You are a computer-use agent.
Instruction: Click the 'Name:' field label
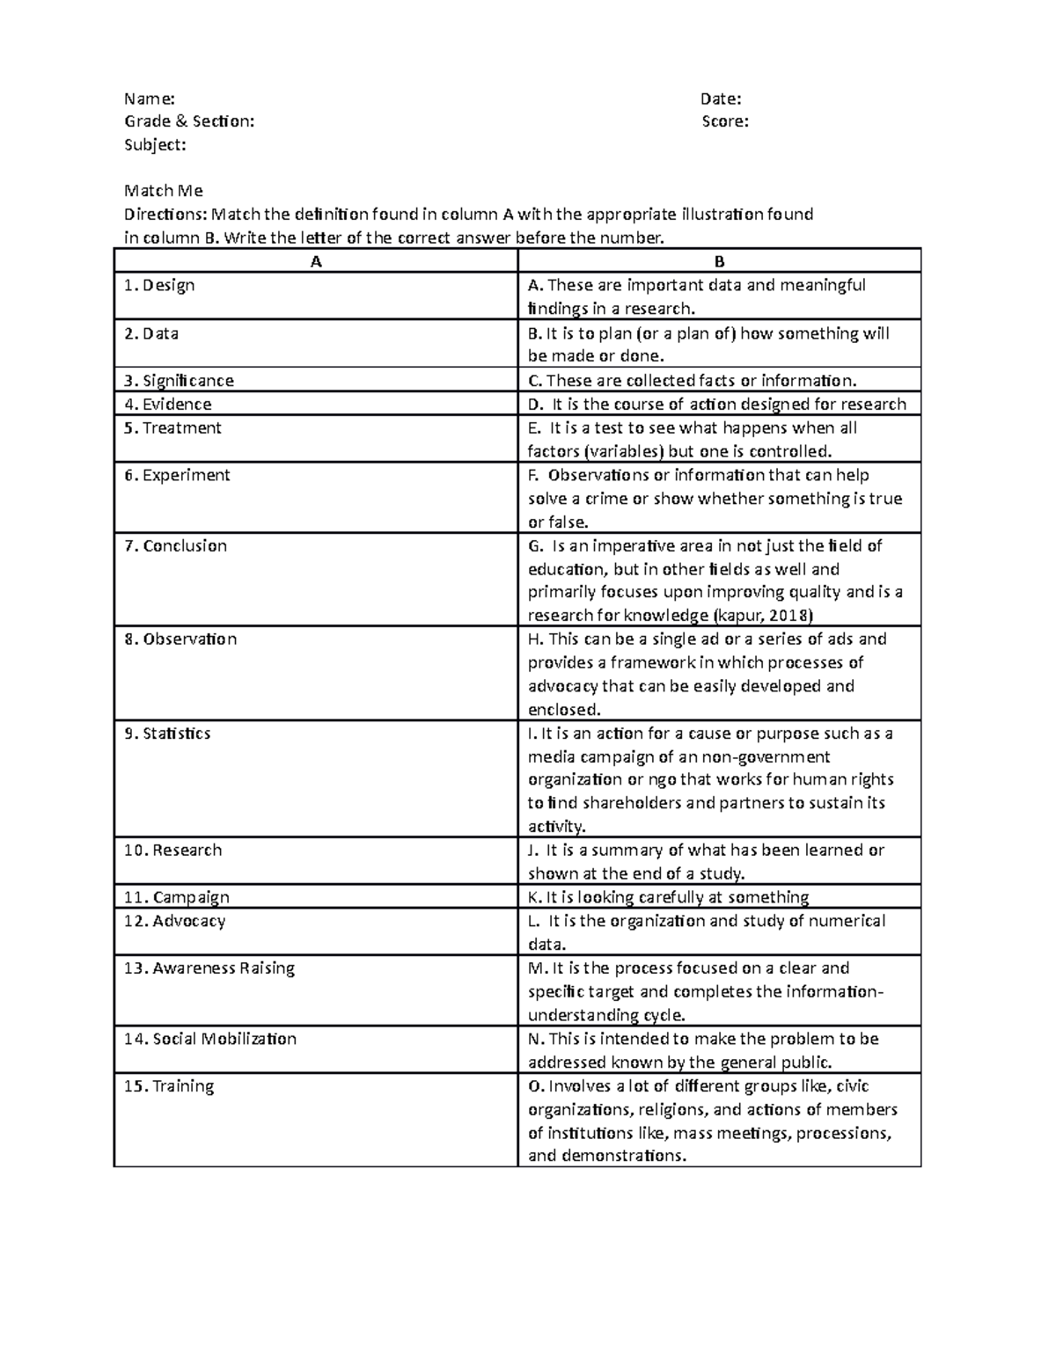pos(150,99)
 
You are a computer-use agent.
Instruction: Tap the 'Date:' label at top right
pos(721,99)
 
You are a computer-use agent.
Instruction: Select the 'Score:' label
pos(725,121)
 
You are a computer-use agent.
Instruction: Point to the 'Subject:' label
pos(155,145)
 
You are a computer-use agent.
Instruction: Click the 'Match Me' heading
pos(164,191)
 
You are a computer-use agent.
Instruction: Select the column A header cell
pos(316,261)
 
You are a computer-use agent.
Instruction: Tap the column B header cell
pos(719,261)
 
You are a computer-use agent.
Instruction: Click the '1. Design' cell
pos(159,286)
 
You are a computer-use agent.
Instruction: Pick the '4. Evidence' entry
pos(167,405)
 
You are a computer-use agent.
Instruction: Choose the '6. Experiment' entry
pos(177,476)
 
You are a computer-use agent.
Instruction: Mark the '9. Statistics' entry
pos(167,734)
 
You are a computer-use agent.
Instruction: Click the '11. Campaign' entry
pos(176,898)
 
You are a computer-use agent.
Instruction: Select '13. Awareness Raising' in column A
pos(209,968)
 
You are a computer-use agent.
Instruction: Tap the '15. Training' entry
pos(168,1086)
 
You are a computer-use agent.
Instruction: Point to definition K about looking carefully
pos(668,897)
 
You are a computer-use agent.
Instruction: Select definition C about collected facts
pos(692,381)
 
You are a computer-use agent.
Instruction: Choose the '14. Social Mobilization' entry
pos(209,1039)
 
